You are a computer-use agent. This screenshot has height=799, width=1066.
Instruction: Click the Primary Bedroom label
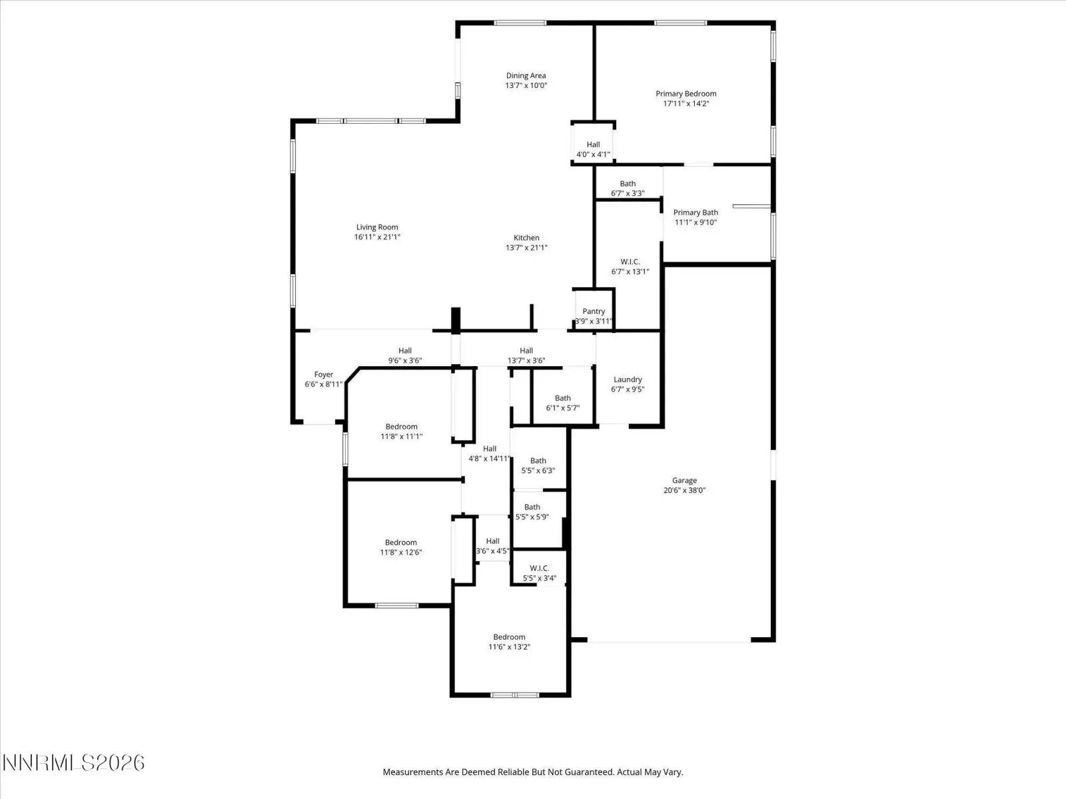coord(686,94)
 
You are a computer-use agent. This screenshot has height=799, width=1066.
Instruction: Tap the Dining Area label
coord(526,76)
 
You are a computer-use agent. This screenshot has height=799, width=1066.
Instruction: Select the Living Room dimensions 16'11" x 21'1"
coord(377,237)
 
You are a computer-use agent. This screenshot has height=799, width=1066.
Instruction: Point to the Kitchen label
coord(526,238)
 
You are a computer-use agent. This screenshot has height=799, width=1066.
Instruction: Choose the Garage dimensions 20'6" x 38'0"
coord(684,491)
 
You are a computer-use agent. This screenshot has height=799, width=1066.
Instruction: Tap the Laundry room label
coord(628,380)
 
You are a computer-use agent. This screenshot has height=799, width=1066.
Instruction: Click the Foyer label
coord(323,374)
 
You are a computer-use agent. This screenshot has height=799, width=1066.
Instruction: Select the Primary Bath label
coord(696,212)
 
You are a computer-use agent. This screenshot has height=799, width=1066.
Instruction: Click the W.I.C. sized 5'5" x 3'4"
coord(539,568)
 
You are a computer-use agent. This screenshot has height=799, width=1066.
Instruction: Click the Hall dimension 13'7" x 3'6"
coord(526,361)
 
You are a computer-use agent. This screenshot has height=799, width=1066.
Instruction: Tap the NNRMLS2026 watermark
coord(73,763)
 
